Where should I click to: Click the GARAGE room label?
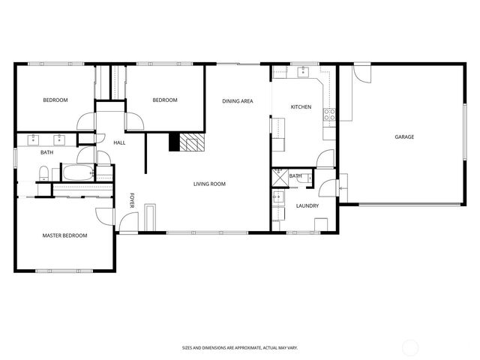pos(404,136)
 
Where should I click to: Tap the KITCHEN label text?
pos(301,107)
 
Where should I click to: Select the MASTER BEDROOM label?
pos(64,235)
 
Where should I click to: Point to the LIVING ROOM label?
pos(209,184)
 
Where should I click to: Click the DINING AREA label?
pos(237,100)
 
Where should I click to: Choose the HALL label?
pos(119,142)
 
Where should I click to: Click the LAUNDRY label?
pos(307,205)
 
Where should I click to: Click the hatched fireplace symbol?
pos(193,142)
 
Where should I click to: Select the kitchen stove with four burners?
pos(328,115)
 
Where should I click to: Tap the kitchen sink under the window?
pos(303,73)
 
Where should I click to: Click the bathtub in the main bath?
pos(76,173)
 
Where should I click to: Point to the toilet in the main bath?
pos(43,174)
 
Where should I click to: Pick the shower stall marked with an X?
pos(280,177)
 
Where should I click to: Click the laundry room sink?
pos(277,198)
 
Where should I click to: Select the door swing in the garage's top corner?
pos(361,73)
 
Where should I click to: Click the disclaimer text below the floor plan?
pos(239,348)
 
